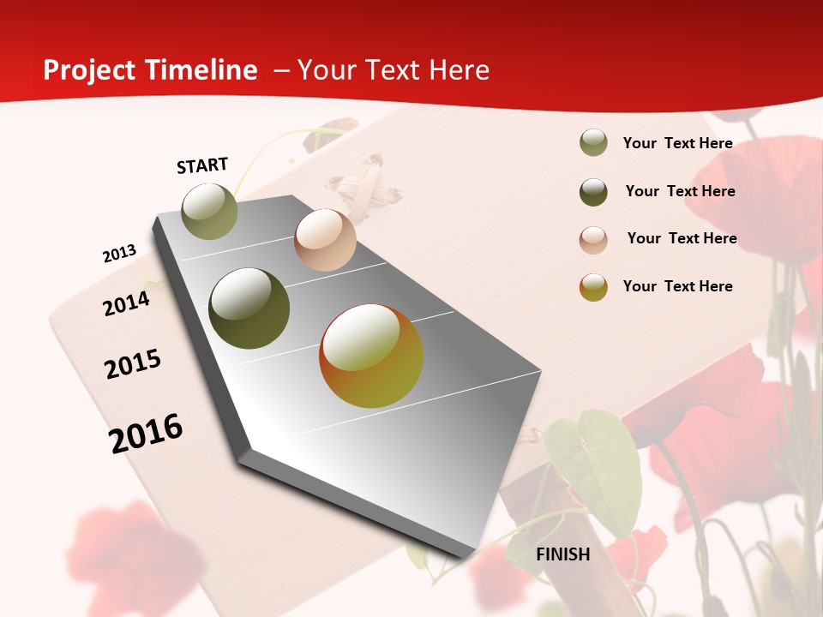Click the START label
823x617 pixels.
tap(202, 165)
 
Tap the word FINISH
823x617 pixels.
tap(563, 554)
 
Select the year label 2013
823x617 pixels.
tap(119, 254)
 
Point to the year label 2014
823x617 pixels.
tap(126, 303)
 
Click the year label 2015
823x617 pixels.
tap(133, 364)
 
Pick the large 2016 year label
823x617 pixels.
tap(146, 433)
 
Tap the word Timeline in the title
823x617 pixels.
tap(202, 70)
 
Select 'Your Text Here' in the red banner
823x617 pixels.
tap(393, 70)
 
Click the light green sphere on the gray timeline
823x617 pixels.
tap(210, 211)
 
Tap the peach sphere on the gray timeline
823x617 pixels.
tap(325, 240)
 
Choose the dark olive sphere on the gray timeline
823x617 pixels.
tap(249, 308)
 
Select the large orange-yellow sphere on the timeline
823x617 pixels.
tap(371, 356)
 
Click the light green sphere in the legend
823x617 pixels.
tap(593, 143)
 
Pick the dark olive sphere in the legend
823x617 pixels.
tap(593, 192)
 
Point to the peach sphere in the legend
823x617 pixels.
tap(593, 239)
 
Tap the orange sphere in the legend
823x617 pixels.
tap(593, 287)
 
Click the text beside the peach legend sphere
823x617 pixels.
tap(682, 238)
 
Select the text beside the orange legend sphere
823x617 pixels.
tap(677, 286)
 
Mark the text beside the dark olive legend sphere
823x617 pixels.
tap(680, 191)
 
